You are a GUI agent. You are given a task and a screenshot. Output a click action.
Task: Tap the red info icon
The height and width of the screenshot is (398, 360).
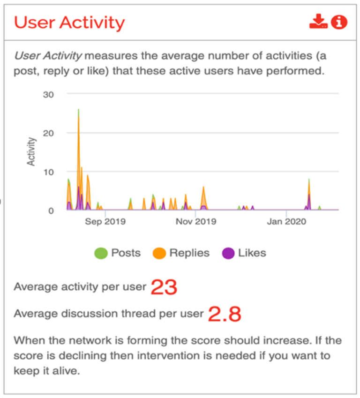(339, 22)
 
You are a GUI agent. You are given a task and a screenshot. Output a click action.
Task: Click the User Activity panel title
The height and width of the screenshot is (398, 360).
(69, 23)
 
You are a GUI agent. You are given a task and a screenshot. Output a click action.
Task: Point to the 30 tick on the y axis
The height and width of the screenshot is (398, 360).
(48, 95)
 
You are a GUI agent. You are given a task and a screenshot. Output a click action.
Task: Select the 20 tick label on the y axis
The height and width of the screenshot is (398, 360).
(48, 133)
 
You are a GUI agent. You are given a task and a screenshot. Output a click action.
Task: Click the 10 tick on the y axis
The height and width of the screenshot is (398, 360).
(48, 173)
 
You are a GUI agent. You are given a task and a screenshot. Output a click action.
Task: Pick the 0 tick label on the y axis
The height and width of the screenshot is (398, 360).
(51, 210)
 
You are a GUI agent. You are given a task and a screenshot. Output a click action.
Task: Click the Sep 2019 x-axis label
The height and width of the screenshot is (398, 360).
(105, 222)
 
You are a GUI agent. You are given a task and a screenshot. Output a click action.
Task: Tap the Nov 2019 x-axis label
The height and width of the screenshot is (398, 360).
(196, 222)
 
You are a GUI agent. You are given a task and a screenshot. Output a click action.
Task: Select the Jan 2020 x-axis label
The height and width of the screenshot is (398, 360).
(286, 222)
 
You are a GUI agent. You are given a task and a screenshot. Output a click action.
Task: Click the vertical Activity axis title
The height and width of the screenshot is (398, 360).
(31, 151)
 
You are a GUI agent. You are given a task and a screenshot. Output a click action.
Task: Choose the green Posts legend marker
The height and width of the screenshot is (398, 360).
(101, 253)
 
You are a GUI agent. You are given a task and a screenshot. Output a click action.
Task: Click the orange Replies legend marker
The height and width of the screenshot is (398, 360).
(159, 253)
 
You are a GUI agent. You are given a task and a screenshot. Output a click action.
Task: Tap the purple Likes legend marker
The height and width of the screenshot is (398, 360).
(228, 253)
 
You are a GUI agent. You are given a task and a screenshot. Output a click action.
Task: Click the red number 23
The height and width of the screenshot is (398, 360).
(164, 287)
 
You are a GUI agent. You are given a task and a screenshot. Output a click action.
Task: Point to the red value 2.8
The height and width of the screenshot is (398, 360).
(225, 314)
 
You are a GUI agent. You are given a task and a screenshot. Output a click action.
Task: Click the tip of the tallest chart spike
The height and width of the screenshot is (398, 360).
(78, 109)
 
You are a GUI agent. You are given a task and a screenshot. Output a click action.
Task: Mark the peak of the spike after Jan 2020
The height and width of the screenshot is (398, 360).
(309, 179)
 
